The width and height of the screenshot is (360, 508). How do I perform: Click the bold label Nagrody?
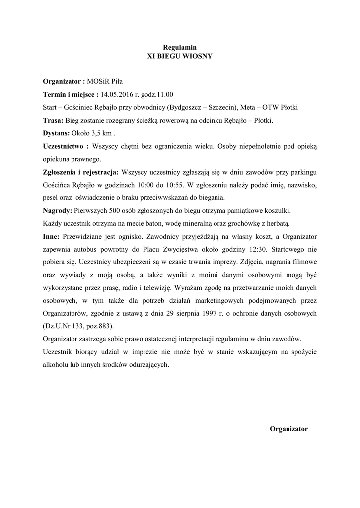point(57,210)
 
